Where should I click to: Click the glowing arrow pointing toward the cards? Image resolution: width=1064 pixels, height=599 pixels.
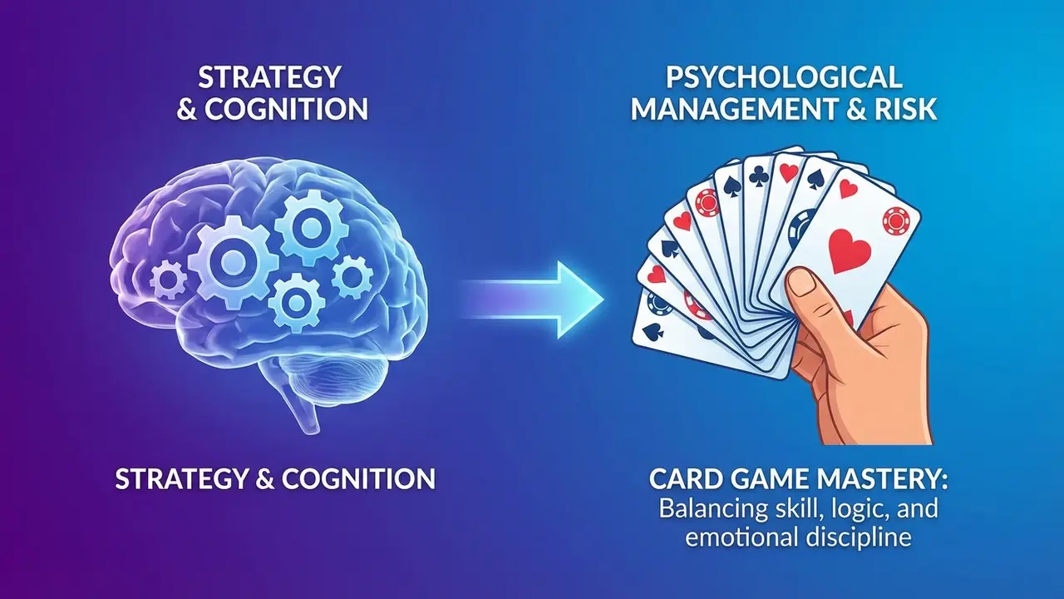point(532,300)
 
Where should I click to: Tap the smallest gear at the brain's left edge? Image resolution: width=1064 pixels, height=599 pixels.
point(167,280)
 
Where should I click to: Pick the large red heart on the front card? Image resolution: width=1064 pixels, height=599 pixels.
point(850,251)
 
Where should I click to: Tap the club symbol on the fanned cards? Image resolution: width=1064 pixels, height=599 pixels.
point(759,176)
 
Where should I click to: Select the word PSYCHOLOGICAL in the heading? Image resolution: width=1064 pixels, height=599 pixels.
point(783,77)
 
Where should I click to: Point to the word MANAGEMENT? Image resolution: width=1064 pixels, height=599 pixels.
point(733,109)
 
